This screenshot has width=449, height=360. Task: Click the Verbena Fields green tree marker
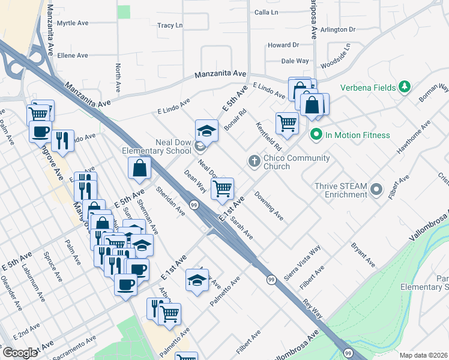(405, 88)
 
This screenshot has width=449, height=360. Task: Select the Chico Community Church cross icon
(254, 161)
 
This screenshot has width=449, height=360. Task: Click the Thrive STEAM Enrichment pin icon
(376, 190)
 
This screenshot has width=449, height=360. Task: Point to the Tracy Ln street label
(169, 26)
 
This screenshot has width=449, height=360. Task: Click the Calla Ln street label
(267, 12)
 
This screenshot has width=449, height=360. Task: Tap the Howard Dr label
(283, 45)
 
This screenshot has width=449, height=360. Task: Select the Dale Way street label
(295, 61)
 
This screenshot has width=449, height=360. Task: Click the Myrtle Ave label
(72, 23)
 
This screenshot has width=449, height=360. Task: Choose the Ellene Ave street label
(73, 55)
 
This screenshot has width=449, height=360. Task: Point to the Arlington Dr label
(338, 29)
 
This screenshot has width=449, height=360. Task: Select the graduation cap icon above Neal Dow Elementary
(206, 130)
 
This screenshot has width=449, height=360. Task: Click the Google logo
(19, 353)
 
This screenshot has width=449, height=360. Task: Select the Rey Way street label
(313, 309)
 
